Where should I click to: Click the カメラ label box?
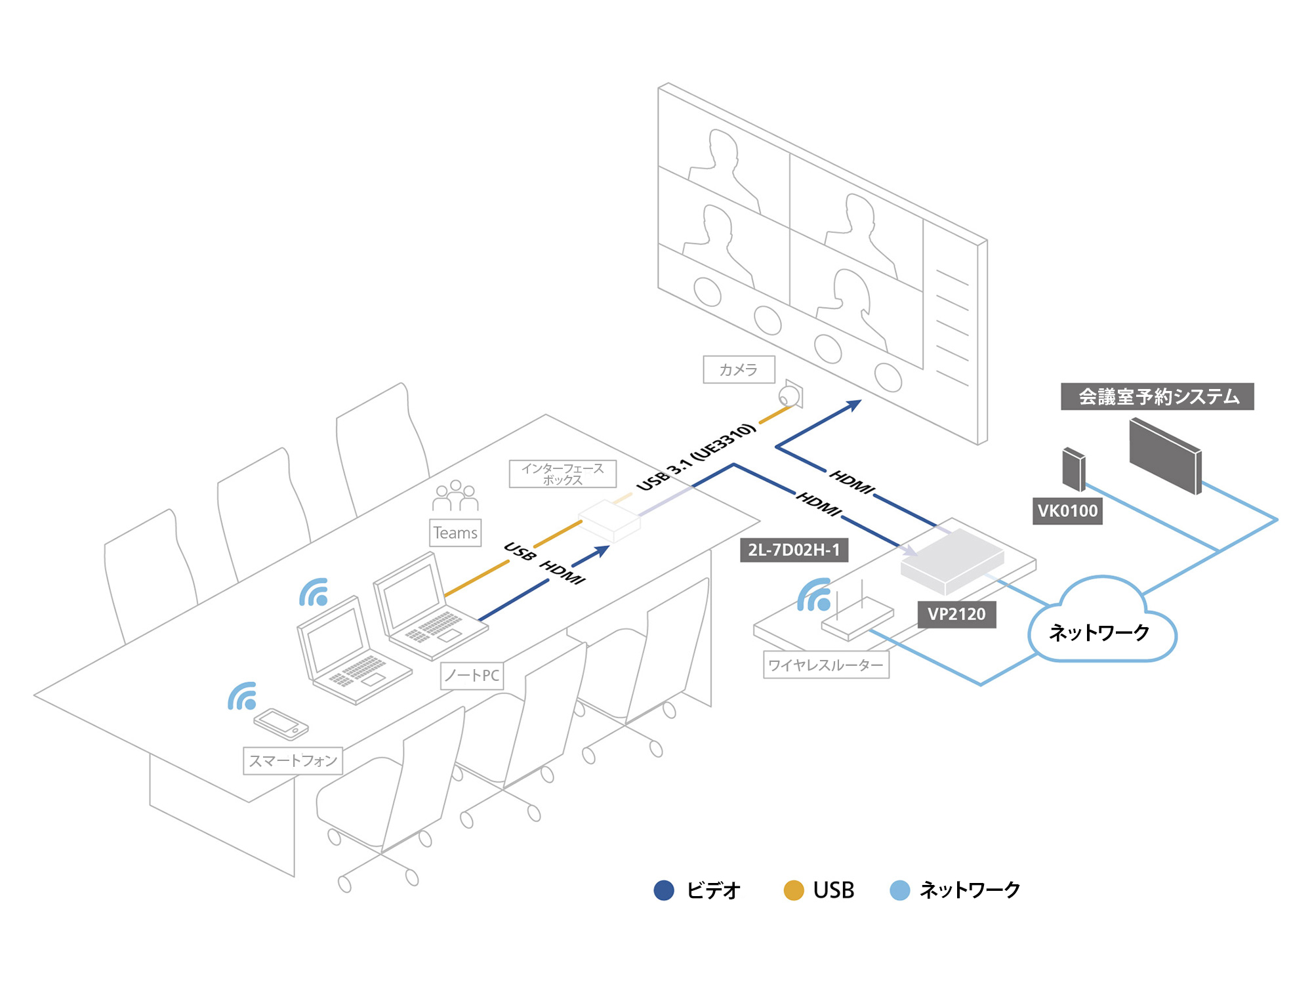(x=739, y=369)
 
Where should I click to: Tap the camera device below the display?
(x=789, y=396)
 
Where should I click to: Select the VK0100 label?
(x=1067, y=511)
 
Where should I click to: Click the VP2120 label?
(x=956, y=615)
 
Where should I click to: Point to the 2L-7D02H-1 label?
(x=794, y=550)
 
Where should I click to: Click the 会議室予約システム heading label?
(x=1157, y=397)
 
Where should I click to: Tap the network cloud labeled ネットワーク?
(x=1100, y=626)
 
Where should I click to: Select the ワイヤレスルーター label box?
(x=826, y=665)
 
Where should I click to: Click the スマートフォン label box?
(x=293, y=761)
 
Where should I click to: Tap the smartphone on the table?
(x=281, y=723)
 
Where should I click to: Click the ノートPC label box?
(x=472, y=676)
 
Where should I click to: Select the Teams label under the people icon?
(x=455, y=533)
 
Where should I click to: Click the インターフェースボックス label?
(x=563, y=474)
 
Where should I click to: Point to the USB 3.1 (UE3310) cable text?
(x=696, y=457)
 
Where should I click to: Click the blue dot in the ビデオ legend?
(x=664, y=890)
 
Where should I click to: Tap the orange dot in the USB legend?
(x=794, y=890)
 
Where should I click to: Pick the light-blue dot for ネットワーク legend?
(x=899, y=890)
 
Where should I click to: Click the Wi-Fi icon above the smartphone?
(x=243, y=697)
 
